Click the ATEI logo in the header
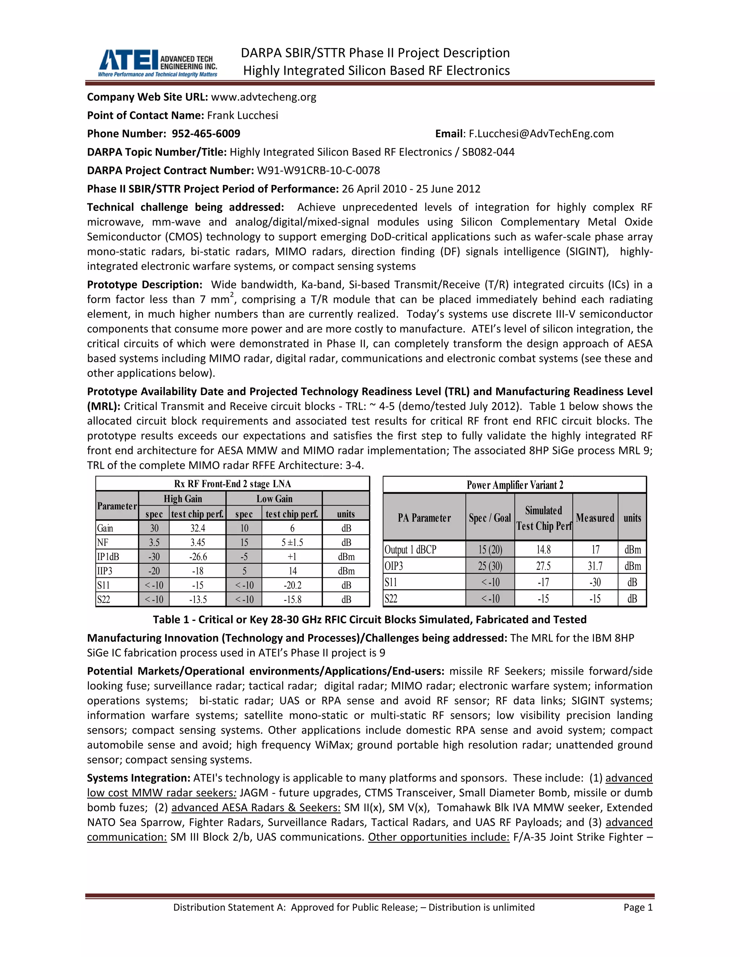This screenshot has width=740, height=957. click(157, 63)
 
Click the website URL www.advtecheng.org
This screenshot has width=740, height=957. click(263, 97)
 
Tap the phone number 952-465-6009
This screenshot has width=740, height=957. click(206, 134)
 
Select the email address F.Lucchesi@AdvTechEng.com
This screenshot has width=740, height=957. click(541, 134)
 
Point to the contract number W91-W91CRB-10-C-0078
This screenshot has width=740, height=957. click(318, 170)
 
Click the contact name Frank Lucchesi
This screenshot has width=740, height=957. click(242, 115)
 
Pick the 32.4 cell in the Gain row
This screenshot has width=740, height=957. click(197, 528)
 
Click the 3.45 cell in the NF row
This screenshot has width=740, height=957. click(197, 542)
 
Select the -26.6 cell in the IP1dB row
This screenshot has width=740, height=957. click(198, 557)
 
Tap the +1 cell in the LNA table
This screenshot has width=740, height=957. click(292, 557)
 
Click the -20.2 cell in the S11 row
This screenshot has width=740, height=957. click(292, 585)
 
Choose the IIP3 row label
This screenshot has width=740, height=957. click(105, 571)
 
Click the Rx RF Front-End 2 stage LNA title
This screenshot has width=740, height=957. click(232, 484)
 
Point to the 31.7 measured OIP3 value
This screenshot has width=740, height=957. click(595, 566)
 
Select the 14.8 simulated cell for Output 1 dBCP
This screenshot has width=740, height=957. click(543, 550)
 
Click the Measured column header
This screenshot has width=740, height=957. click(595, 518)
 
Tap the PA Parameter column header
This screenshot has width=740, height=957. click(424, 518)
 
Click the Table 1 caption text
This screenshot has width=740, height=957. click(370, 620)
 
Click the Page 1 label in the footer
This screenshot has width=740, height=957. click(638, 907)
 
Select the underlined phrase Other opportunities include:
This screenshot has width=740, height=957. click(438, 837)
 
